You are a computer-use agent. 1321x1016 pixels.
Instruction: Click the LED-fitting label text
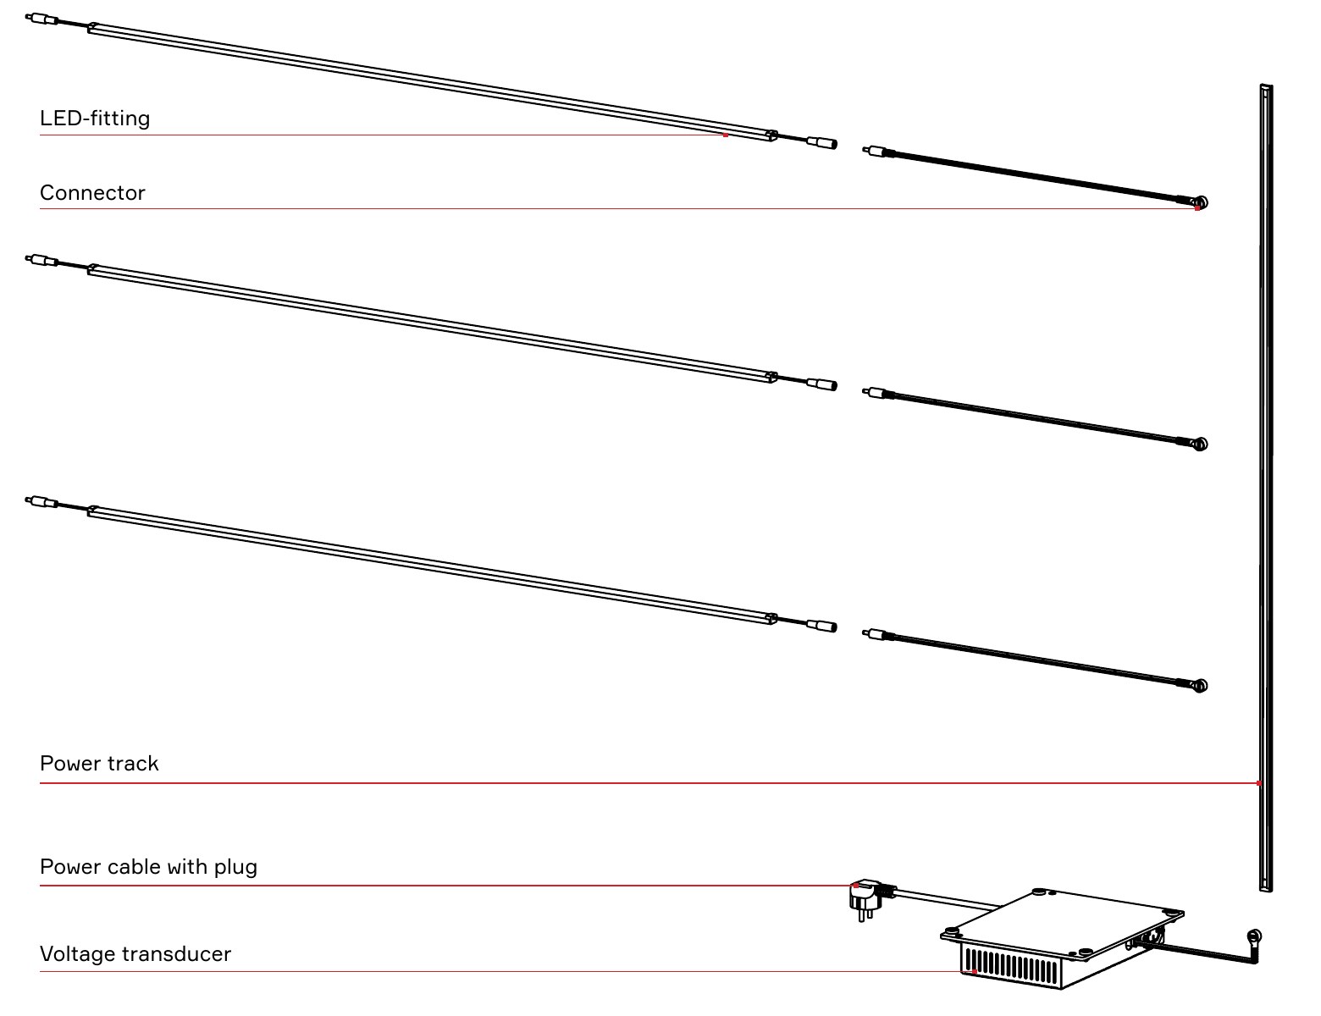[95, 119]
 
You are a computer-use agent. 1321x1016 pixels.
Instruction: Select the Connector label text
[92, 193]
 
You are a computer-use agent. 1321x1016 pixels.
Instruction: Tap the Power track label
[99, 764]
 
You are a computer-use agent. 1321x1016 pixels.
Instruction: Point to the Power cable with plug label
[148, 867]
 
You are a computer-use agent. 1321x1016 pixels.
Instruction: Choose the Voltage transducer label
[135, 954]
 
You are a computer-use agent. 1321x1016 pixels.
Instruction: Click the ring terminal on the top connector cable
[1201, 202]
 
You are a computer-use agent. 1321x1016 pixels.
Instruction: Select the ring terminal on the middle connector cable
[1201, 444]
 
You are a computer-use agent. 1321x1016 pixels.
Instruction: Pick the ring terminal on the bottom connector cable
[1201, 686]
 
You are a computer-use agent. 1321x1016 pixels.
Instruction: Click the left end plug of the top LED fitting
[41, 19]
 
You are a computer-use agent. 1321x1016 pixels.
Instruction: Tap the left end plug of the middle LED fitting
[41, 261]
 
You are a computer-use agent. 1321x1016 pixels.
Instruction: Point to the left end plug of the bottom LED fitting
[41, 502]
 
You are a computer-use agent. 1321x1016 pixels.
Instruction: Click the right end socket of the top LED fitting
[822, 143]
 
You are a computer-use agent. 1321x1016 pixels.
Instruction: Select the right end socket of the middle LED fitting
[822, 384]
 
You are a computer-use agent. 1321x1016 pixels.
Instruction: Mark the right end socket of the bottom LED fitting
[822, 626]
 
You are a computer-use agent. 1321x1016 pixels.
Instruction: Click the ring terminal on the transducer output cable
[1253, 936]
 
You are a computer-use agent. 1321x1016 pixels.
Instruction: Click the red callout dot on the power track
[1258, 783]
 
